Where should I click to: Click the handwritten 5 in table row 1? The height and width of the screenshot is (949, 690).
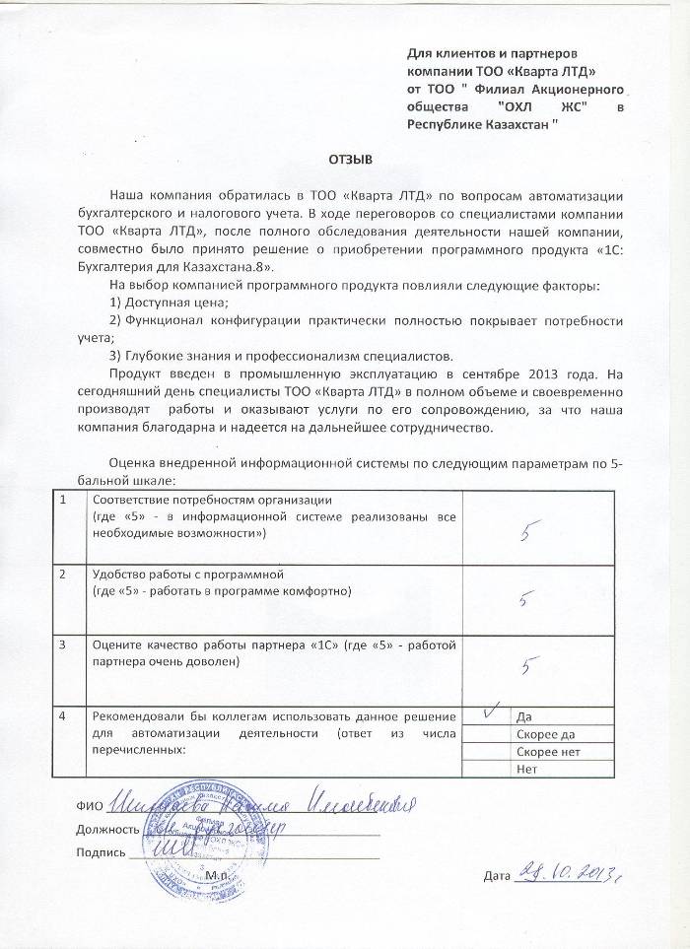coord(528,533)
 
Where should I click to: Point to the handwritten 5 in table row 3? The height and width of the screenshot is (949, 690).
coord(529,667)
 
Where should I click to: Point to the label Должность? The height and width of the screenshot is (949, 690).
coord(106,829)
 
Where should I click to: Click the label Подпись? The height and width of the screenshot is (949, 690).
coord(101,852)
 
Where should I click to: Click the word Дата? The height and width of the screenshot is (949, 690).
coord(499,876)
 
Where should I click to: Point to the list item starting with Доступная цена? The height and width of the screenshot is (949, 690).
coord(167,302)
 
